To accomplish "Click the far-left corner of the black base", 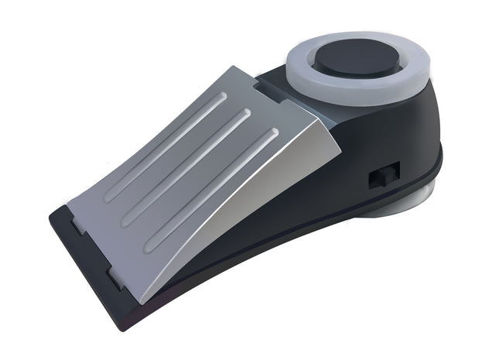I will (53, 214).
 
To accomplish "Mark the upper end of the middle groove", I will (246, 114).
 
